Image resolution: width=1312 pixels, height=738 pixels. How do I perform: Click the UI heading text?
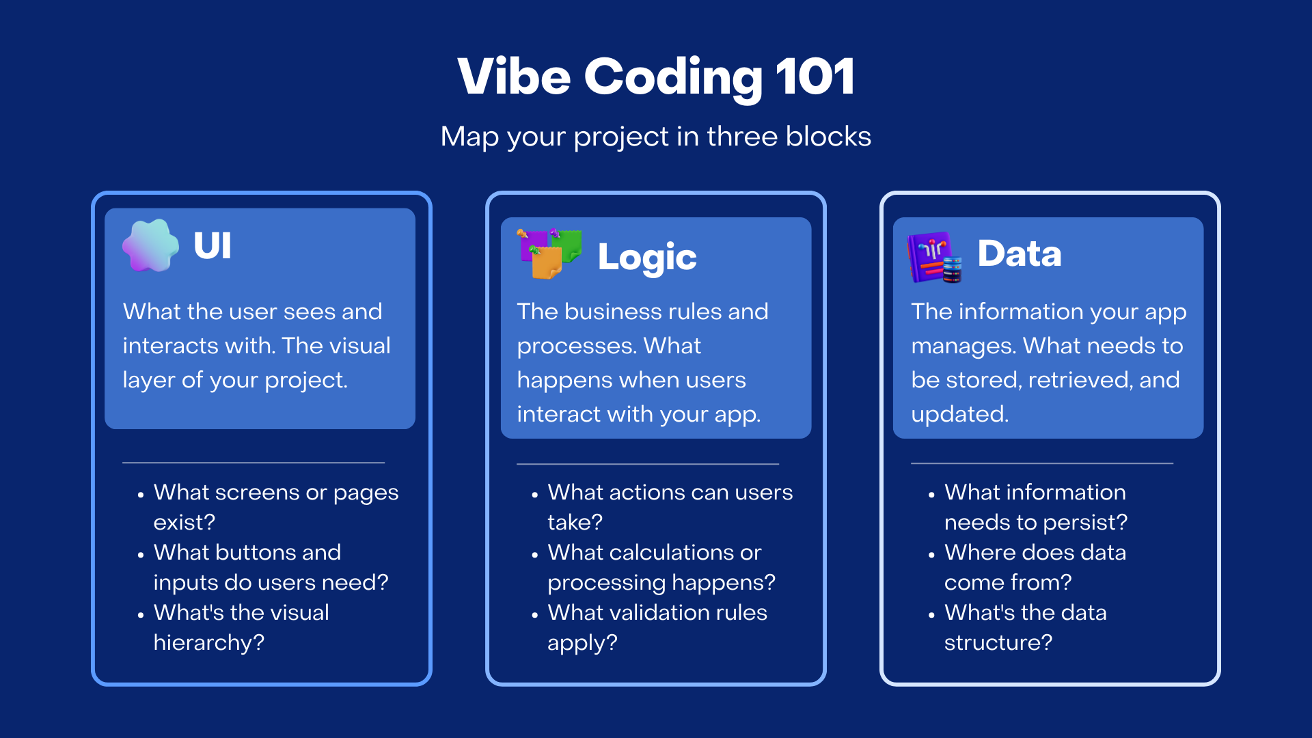point(213,246)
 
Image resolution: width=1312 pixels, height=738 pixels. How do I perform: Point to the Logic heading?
point(646,258)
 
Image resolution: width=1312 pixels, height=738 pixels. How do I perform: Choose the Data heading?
point(1019,254)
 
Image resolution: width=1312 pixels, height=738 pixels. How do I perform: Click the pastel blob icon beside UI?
point(150,246)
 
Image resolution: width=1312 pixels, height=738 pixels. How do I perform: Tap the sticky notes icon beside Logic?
point(549,254)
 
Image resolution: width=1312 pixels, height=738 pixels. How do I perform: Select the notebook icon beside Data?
point(933,257)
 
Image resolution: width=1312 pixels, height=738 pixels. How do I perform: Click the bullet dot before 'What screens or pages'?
point(141,495)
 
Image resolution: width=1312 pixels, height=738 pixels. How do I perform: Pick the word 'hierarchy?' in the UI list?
point(208,642)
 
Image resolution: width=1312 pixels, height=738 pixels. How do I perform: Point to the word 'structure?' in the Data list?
point(998,642)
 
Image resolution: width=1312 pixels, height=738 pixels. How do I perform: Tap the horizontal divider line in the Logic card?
point(647,464)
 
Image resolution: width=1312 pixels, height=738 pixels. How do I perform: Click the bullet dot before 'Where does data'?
point(931,555)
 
